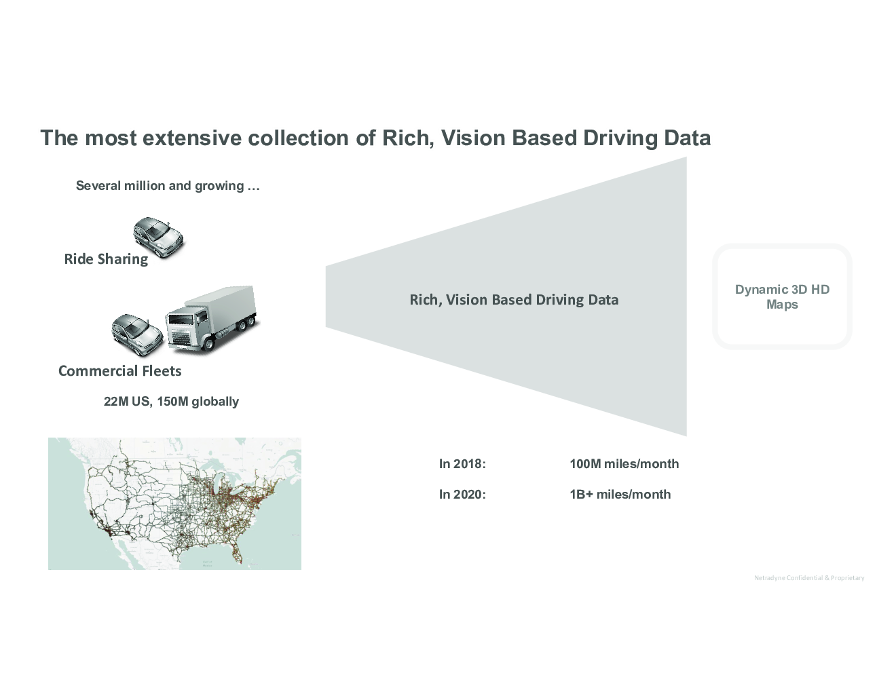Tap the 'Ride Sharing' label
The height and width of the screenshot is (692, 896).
pyautogui.click(x=106, y=259)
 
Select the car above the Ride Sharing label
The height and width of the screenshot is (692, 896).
pyautogui.click(x=158, y=237)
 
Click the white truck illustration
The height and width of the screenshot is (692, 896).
pyautogui.click(x=212, y=319)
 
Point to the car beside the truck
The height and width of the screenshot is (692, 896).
pyautogui.click(x=137, y=334)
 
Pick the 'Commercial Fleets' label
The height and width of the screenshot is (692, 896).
pyautogui.click(x=120, y=371)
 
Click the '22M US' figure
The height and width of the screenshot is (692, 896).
pyautogui.click(x=127, y=402)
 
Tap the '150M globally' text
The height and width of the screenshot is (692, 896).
pyautogui.click(x=198, y=402)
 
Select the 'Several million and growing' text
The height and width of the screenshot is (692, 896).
pyautogui.click(x=168, y=186)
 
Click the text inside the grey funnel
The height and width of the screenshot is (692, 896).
pyautogui.click(x=514, y=300)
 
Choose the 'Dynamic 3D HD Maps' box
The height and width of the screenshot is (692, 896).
pyautogui.click(x=782, y=297)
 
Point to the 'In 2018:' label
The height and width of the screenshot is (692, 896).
pyautogui.click(x=462, y=464)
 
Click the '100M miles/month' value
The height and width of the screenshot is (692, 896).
pyautogui.click(x=624, y=464)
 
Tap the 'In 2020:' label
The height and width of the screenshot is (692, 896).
pyautogui.click(x=462, y=495)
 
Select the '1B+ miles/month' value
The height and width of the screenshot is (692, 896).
pyautogui.click(x=620, y=495)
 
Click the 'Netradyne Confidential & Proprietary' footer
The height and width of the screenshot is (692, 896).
pyautogui.click(x=809, y=578)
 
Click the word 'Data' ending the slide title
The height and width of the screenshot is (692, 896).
pyautogui.click(x=688, y=138)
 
